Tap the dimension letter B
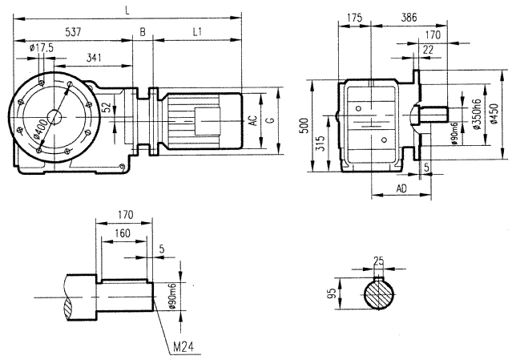click(x=143, y=32)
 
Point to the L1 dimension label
click(x=197, y=32)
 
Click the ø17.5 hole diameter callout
click(x=40, y=49)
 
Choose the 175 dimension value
click(x=354, y=17)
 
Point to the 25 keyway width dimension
click(x=378, y=261)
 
